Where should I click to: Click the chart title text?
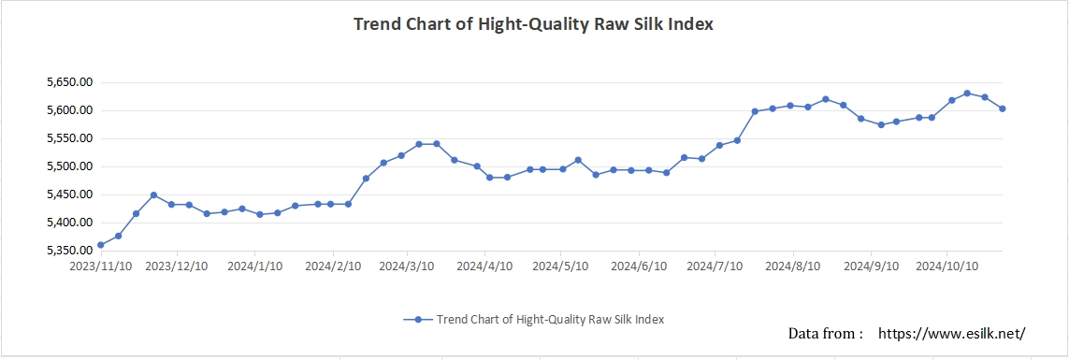533,24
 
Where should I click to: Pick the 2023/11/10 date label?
100,266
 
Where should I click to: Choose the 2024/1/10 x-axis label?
254,266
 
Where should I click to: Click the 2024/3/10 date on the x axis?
406,266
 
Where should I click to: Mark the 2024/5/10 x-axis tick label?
559,266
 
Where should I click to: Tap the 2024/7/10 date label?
714,266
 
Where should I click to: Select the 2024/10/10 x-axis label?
946,266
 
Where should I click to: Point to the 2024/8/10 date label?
793,266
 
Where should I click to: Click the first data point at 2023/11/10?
100,245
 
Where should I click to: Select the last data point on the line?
1002,108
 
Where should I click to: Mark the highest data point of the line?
967,94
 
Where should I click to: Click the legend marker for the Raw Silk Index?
419,319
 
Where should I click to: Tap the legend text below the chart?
550,319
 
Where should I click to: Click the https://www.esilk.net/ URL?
952,333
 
